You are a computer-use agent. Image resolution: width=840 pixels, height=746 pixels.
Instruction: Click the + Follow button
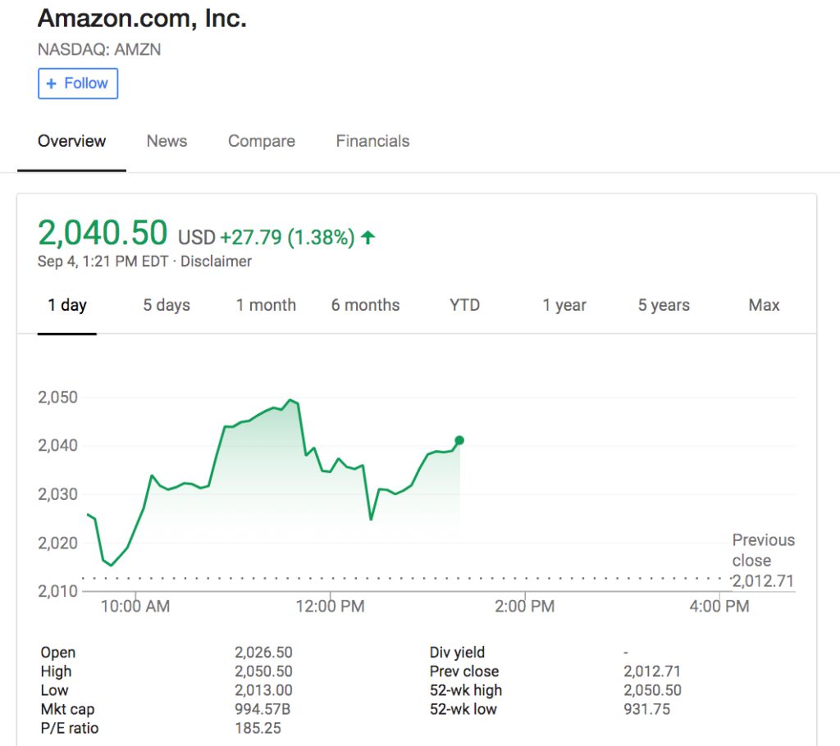tap(78, 84)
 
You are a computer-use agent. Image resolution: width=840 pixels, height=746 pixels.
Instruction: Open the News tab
tap(167, 141)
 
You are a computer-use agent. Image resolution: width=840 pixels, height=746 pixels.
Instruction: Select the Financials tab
tap(372, 141)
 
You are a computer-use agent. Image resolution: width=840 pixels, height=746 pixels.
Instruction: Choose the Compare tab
tap(261, 141)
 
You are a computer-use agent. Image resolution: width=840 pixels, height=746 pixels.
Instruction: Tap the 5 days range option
tap(167, 305)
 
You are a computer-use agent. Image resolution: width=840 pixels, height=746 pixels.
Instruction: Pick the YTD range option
tap(464, 305)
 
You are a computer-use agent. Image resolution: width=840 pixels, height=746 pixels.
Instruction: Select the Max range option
tap(764, 305)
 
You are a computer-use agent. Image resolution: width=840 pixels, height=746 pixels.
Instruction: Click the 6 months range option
tap(365, 305)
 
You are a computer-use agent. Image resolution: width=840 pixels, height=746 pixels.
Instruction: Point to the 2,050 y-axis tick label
tap(57, 398)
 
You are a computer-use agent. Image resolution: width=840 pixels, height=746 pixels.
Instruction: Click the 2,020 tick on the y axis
tap(57, 543)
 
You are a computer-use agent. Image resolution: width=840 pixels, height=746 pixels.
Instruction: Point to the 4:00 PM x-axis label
tap(719, 607)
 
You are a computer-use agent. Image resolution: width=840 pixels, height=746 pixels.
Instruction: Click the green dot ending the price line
tap(459, 440)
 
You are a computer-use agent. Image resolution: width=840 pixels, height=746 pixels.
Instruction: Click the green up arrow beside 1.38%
tap(368, 238)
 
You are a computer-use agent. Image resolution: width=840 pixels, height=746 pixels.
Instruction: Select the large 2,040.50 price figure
tap(103, 234)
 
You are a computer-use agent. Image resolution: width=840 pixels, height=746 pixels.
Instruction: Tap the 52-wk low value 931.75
tap(646, 709)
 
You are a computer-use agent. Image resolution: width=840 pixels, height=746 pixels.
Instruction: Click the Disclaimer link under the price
tap(216, 262)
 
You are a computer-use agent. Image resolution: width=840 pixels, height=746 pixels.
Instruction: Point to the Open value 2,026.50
tap(263, 653)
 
